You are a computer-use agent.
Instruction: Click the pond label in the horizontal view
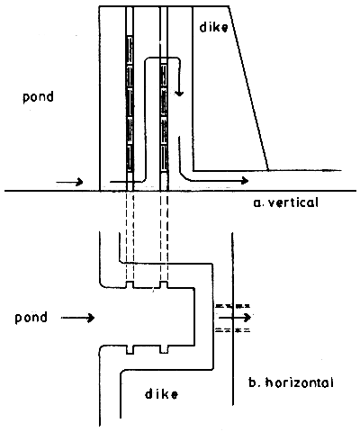point(35,317)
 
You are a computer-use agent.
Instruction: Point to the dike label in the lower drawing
point(159,393)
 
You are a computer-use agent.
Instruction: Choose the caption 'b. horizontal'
point(290,382)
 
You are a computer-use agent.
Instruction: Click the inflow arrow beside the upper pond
point(70,182)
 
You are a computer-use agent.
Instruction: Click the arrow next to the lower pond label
point(85,317)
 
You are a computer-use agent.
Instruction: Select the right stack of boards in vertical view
point(164,117)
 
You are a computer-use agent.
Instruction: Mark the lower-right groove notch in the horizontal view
point(164,348)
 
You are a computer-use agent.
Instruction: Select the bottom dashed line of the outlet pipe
point(232,330)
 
